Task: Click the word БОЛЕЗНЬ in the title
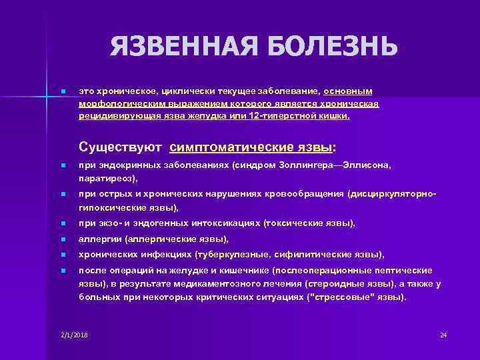[331, 46]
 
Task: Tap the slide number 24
[443, 333]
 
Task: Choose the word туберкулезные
[227, 254]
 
